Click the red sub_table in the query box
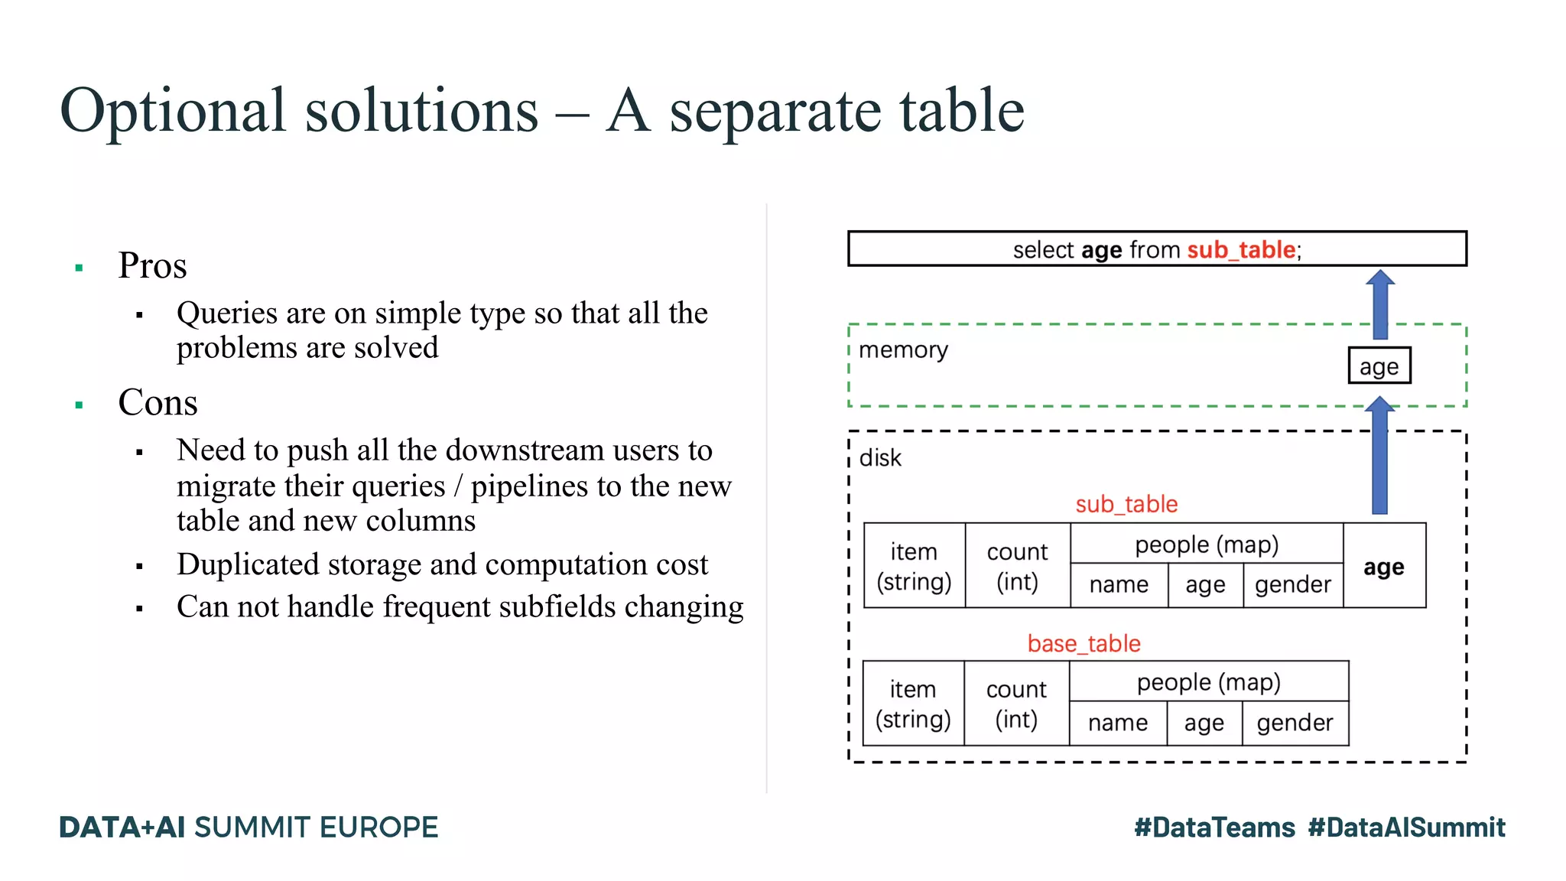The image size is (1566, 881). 1241,250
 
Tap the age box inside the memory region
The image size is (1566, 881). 1379,366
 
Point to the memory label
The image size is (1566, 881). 903,350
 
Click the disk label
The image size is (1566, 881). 880,458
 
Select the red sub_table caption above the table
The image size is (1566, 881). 1126,504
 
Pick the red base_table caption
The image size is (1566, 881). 1084,643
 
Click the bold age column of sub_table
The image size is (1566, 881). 1383,567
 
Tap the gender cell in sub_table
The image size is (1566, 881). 1292,585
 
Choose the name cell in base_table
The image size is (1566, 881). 1118,723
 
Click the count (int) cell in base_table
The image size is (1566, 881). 1016,704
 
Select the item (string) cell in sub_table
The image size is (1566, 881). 914,566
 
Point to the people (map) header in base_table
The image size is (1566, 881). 1208,681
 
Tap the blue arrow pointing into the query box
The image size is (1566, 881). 1380,304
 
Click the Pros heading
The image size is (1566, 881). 152,266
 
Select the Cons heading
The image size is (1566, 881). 158,403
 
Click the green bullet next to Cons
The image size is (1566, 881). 79,405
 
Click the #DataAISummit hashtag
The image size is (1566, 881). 1406,827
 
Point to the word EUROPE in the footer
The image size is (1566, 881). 379,827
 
